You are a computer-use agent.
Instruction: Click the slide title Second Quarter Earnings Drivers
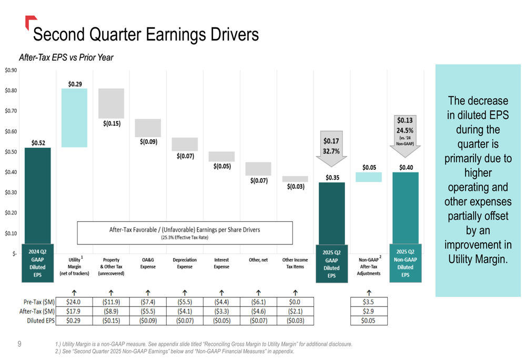tap(146, 35)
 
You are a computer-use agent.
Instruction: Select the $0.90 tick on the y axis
tap(11, 70)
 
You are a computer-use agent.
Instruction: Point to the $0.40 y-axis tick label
tap(11, 172)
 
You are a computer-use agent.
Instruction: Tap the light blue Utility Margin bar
tap(74, 118)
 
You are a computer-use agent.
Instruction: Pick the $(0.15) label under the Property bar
tap(111, 124)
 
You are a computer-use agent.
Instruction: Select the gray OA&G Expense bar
tap(148, 128)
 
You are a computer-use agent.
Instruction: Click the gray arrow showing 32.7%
tap(331, 146)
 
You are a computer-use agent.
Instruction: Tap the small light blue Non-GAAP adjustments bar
tap(369, 177)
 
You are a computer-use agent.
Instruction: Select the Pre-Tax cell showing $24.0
tap(74, 302)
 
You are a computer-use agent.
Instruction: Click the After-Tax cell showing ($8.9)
tap(111, 311)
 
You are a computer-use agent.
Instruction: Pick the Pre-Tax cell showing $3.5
tap(369, 302)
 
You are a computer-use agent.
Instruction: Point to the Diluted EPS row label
tap(41, 321)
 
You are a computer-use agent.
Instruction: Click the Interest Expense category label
tap(221, 263)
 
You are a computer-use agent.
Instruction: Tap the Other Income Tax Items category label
tap(295, 263)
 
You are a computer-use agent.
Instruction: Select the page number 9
tap(19, 344)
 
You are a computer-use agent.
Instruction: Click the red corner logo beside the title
tap(30, 21)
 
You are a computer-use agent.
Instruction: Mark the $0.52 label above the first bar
tap(38, 143)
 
